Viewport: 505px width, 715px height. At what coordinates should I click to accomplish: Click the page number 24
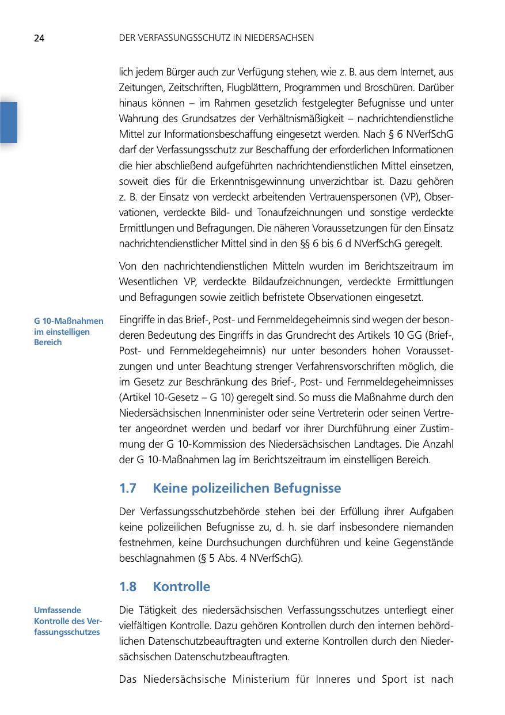[39, 39]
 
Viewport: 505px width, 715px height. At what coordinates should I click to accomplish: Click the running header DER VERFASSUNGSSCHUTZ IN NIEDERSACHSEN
[216, 38]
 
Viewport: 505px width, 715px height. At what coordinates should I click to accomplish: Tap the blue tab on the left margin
[9, 122]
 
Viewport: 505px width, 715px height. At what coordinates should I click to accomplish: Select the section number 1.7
[127, 489]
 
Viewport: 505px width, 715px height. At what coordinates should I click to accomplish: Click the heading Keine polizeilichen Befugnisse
[247, 489]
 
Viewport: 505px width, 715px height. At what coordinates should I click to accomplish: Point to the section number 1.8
[127, 587]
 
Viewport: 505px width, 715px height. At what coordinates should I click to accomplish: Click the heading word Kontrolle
[181, 587]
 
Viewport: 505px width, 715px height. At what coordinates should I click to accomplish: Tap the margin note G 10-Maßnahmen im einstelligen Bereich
[69, 331]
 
